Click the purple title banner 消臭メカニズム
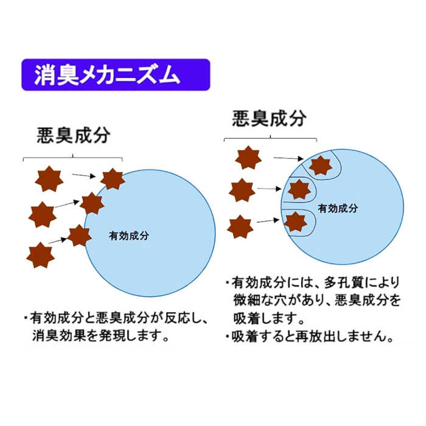116,75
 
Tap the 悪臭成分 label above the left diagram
74,135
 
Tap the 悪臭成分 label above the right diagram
269,118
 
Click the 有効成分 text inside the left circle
129,236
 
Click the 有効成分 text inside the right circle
338,208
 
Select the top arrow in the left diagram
84,175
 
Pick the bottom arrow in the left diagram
58,240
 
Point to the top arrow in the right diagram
288,158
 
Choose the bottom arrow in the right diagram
268,221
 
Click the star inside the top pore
321,166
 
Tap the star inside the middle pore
299,189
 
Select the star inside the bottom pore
296,222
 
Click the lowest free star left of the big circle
41,255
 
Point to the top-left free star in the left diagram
49,178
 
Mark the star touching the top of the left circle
113,179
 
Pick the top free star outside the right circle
248,158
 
